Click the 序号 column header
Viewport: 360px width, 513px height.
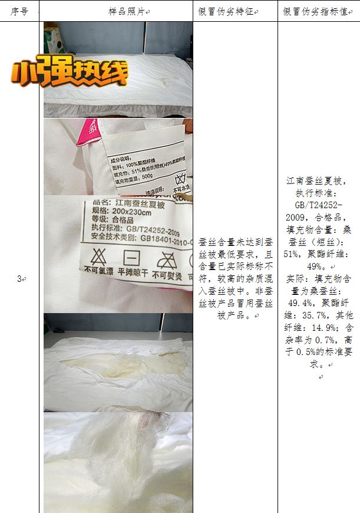(19, 11)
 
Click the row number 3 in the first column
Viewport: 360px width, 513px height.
(19, 278)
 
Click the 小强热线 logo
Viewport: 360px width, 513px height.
(69, 73)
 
